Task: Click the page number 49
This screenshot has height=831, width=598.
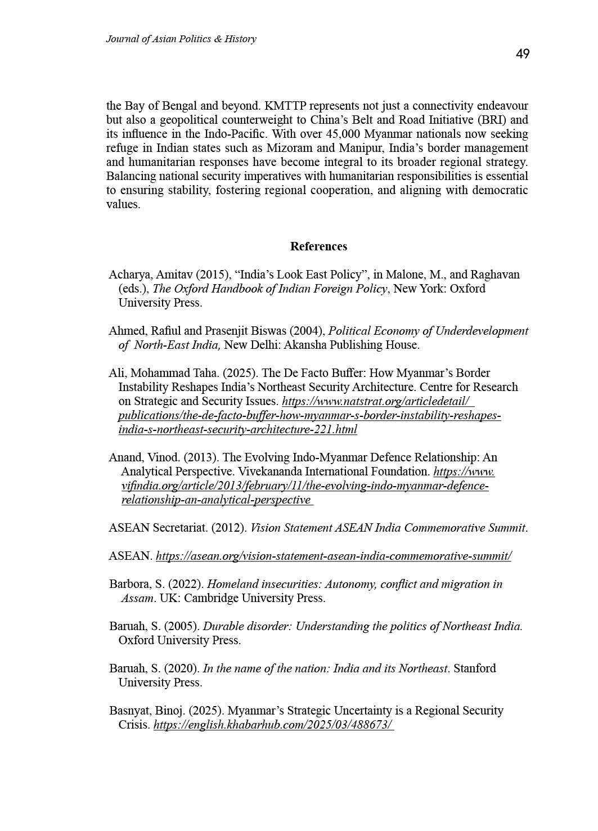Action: (x=522, y=54)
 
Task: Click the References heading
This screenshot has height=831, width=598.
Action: (x=318, y=246)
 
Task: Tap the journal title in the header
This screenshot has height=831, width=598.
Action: (x=181, y=39)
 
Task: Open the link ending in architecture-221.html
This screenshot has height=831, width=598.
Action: (x=237, y=430)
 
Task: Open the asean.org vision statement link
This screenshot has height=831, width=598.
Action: (x=333, y=556)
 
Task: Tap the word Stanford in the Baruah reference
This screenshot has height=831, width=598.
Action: (x=474, y=668)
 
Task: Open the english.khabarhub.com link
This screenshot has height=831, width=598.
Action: (x=273, y=725)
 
